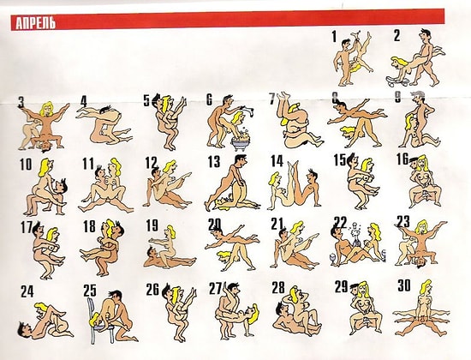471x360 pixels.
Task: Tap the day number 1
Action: (x=334, y=36)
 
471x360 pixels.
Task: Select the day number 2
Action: (x=397, y=36)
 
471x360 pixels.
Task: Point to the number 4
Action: (x=83, y=101)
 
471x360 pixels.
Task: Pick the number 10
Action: (x=26, y=163)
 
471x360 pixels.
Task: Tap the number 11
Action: (x=88, y=163)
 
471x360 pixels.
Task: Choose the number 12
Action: (x=151, y=162)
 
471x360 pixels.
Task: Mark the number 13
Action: (x=214, y=162)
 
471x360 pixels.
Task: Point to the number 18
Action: (x=89, y=226)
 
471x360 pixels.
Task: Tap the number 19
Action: (x=152, y=226)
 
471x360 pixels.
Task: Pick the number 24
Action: (x=27, y=290)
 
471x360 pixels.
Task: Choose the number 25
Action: (x=90, y=289)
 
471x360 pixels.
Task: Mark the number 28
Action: (x=278, y=287)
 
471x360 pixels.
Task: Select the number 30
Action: (x=403, y=285)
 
